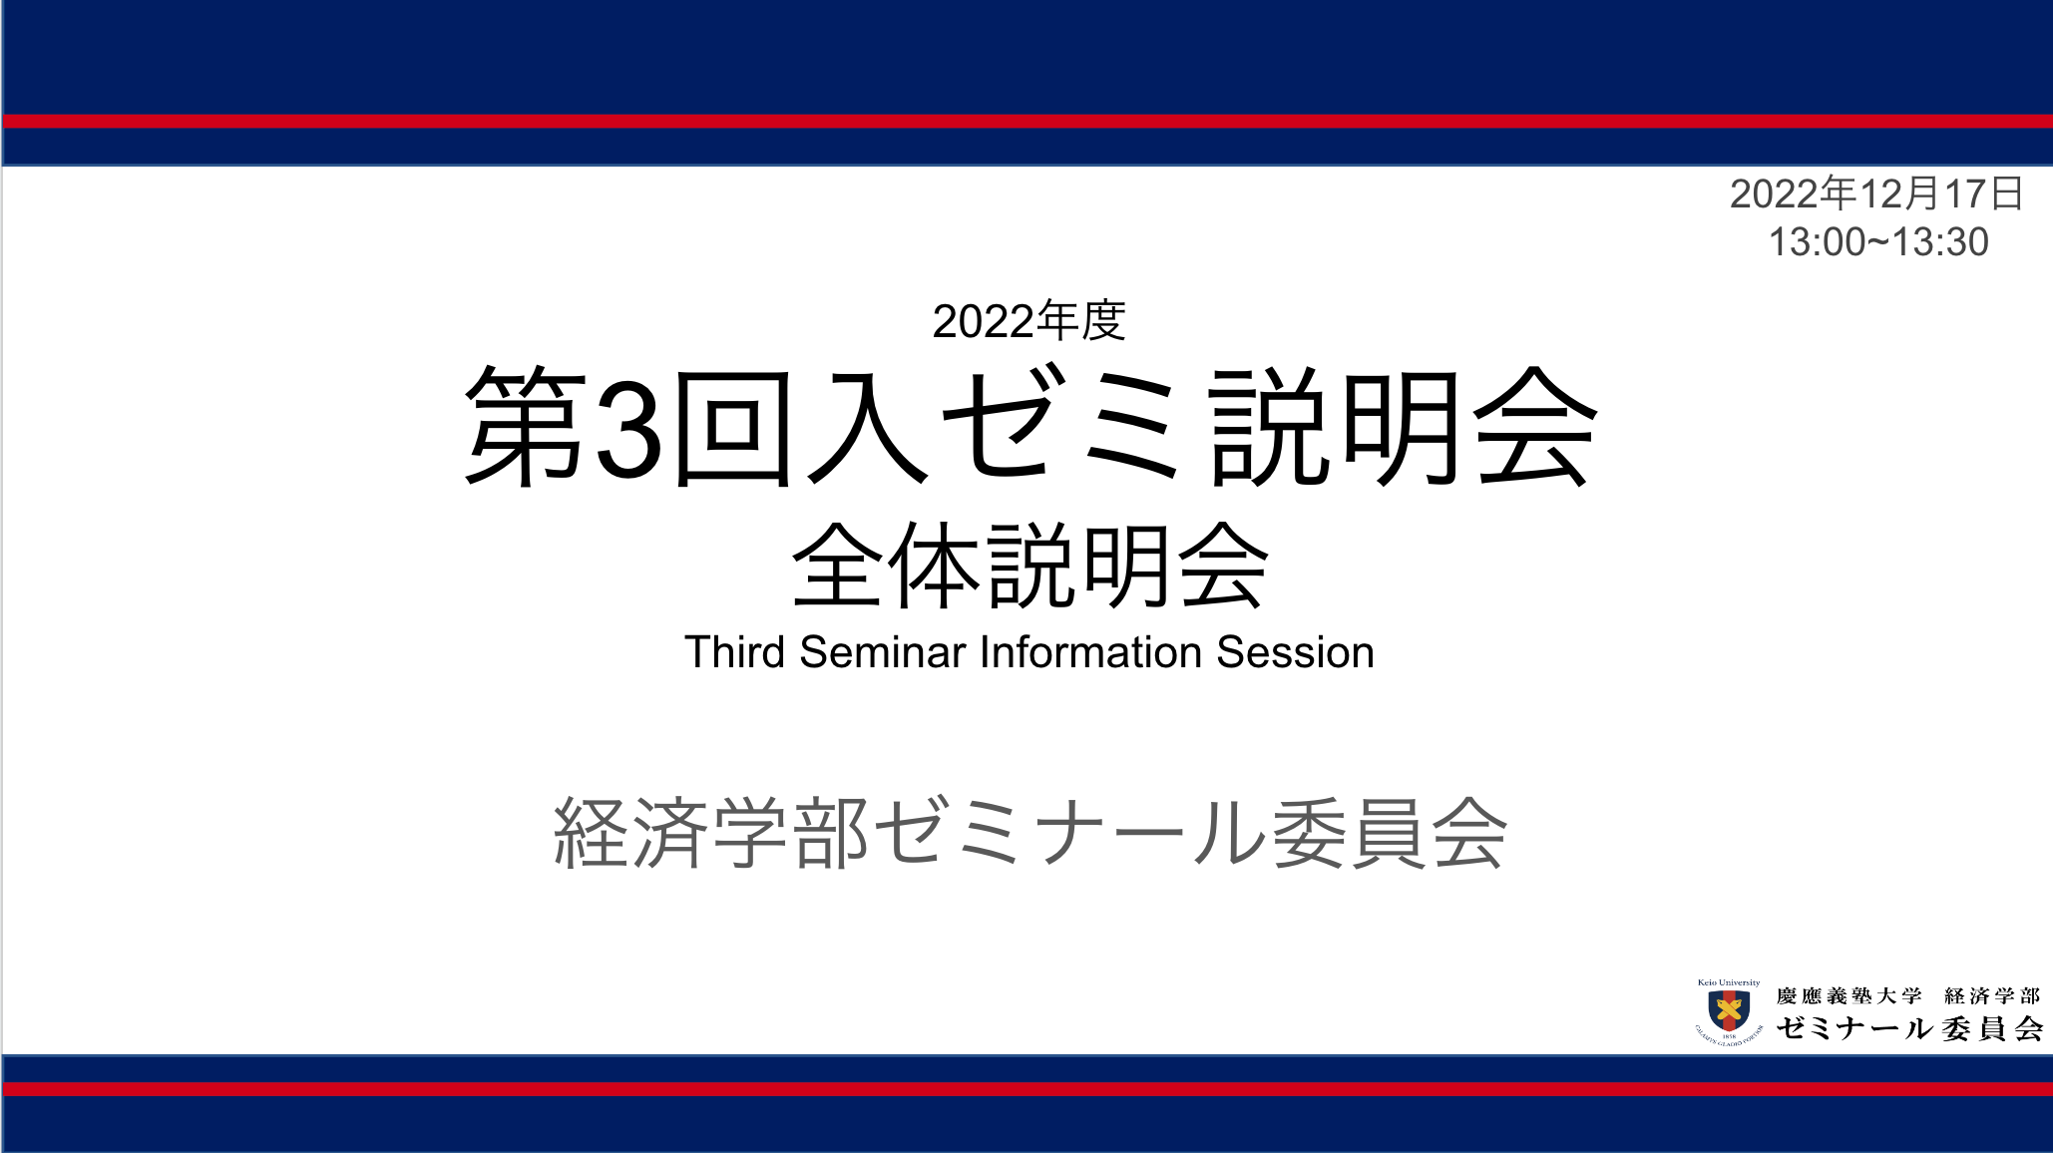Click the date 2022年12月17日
pos(1876,193)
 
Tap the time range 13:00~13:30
pos(1878,242)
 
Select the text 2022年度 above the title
pos(1029,321)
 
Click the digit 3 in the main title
pos(629,428)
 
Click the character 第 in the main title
pos(526,426)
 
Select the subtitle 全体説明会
pos(1029,566)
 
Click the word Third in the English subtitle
pos(735,652)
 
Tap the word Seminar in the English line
pos(883,652)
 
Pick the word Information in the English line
pos(1091,652)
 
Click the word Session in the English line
pos(1295,652)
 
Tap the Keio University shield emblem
pos(1729,1011)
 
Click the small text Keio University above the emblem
pos(1729,982)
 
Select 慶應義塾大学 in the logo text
pos(1848,996)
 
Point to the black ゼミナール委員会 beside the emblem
pos(1909,1028)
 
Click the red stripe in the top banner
pos(1027,122)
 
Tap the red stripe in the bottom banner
pos(1027,1089)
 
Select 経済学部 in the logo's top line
pos(1992,996)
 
